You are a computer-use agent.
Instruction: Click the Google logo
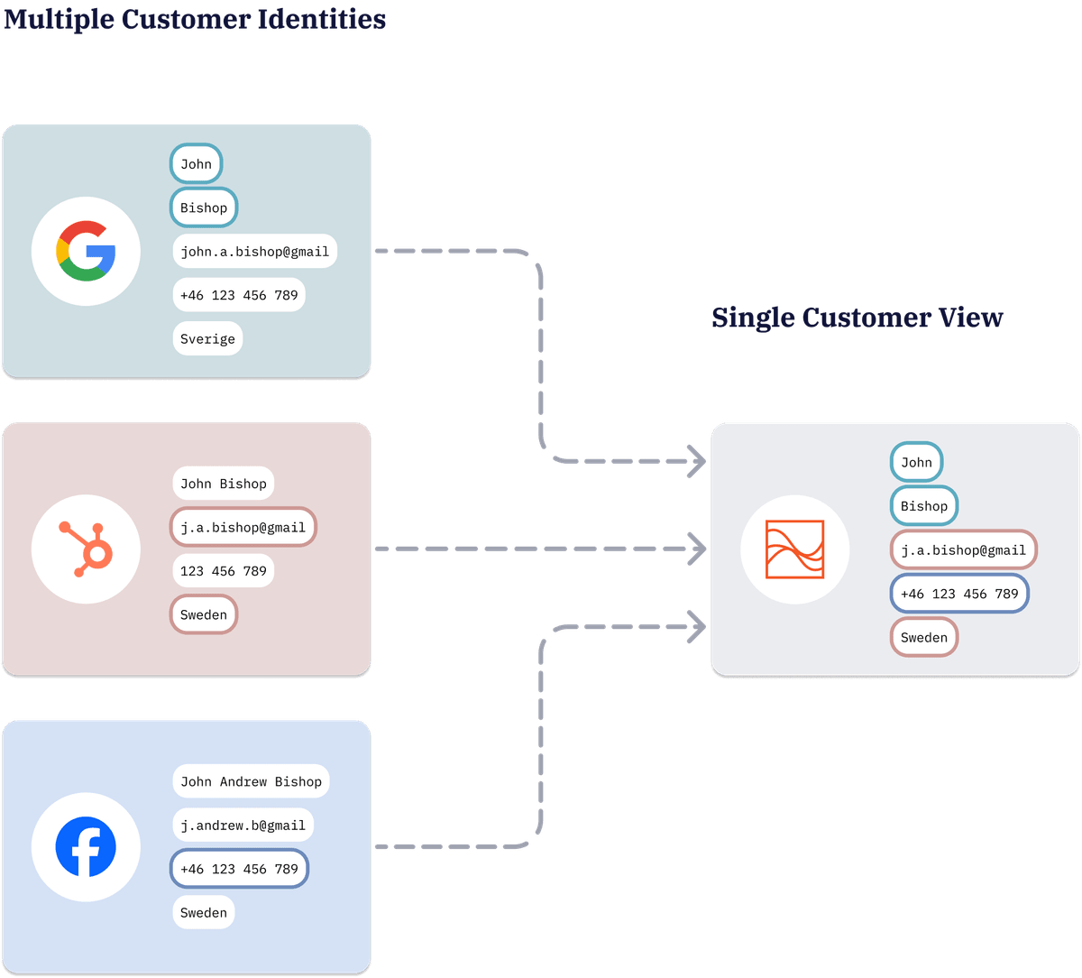click(86, 252)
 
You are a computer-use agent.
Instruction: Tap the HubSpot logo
click(86, 549)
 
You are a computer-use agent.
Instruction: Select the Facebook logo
click(86, 847)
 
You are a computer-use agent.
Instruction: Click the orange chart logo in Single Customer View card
click(794, 549)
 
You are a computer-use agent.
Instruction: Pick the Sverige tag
click(207, 339)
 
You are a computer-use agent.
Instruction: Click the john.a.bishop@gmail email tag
click(254, 252)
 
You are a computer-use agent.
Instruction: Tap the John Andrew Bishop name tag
click(251, 781)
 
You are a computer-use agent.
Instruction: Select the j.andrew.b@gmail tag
click(243, 825)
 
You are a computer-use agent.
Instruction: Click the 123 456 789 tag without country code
click(223, 571)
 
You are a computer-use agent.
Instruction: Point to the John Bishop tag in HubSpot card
click(223, 484)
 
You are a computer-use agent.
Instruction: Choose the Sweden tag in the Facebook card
click(204, 912)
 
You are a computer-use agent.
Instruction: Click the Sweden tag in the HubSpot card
click(204, 615)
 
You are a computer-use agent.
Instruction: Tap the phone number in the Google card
click(239, 295)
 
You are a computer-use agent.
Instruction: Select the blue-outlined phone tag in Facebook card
click(239, 869)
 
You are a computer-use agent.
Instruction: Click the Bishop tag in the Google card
click(204, 208)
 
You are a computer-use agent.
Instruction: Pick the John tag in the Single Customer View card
click(916, 462)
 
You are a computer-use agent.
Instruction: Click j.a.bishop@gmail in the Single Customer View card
click(963, 549)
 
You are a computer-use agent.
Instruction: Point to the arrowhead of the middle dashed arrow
click(698, 549)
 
